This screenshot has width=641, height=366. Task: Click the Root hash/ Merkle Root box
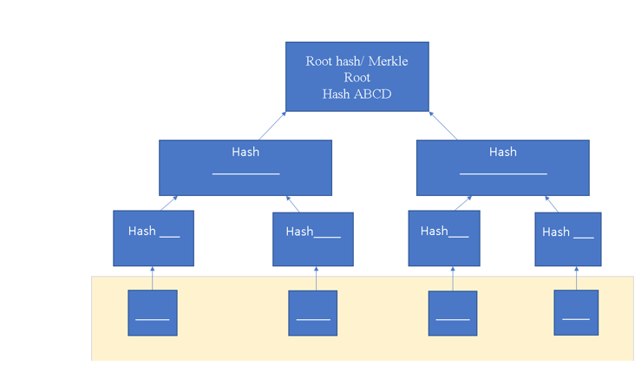tap(356, 76)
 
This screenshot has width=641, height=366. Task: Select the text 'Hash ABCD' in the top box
tap(356, 94)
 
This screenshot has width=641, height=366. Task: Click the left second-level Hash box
tap(245, 167)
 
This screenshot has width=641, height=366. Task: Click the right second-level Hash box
tap(502, 167)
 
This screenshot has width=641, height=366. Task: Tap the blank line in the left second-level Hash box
tap(245, 174)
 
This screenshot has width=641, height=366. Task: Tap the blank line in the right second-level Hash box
tap(503, 174)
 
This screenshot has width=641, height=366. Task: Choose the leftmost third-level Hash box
tap(154, 238)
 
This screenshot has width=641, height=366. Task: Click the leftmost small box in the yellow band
tap(153, 313)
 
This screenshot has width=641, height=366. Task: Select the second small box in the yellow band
tap(312, 313)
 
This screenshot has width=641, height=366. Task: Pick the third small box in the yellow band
tap(452, 313)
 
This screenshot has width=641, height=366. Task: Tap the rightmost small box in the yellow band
tap(576, 312)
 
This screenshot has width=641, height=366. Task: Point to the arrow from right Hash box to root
tap(443, 126)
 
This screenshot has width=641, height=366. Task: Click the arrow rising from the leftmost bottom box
tap(153, 278)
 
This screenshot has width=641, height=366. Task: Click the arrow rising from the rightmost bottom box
tap(576, 278)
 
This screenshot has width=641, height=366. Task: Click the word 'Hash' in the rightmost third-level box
tap(556, 232)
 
